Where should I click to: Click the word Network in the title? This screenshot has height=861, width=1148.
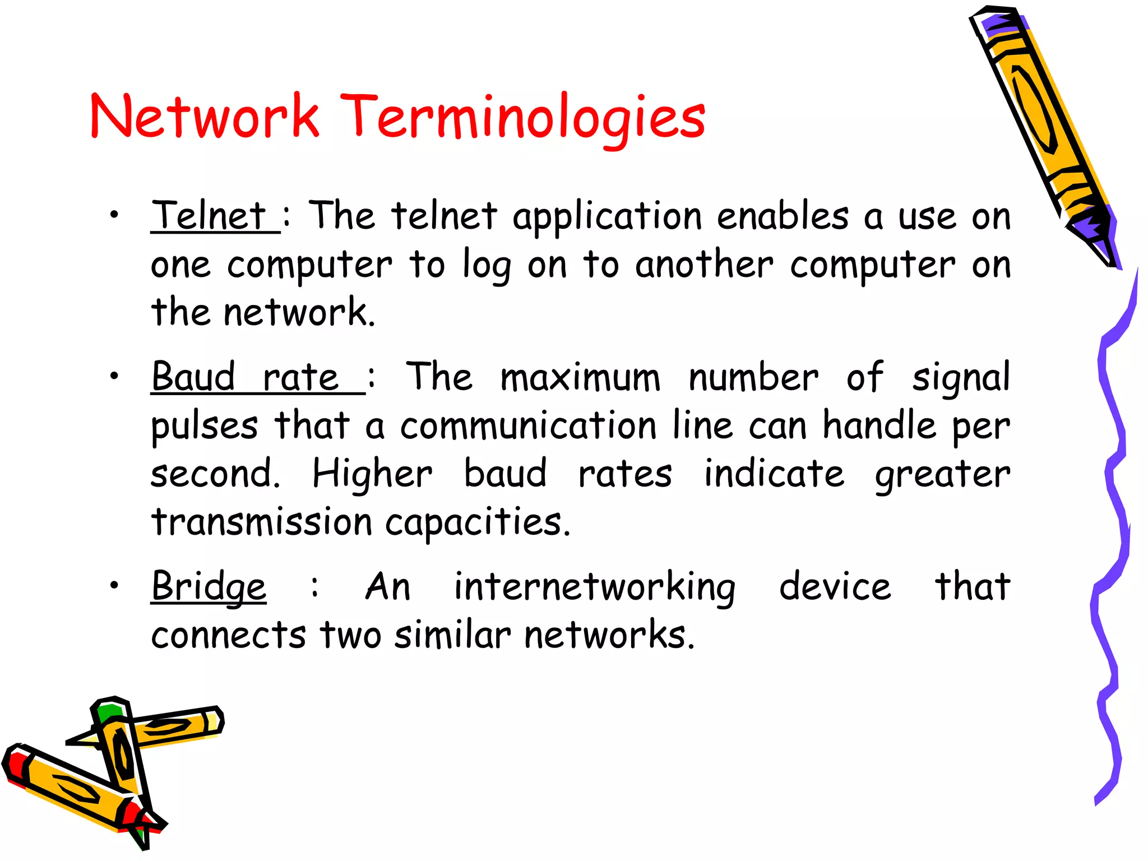[205, 117]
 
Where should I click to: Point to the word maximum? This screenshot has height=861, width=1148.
[580, 377]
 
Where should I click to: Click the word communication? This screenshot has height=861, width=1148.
[528, 426]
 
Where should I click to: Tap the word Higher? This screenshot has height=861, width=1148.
[372, 474]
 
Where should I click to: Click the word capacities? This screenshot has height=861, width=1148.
[477, 522]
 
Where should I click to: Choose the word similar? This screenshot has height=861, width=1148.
[452, 635]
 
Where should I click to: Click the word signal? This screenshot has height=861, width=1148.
[961, 378]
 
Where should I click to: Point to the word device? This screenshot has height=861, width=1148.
[835, 587]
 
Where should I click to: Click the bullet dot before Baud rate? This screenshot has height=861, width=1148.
[114, 376]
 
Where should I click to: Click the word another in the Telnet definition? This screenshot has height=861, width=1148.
[704, 265]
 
